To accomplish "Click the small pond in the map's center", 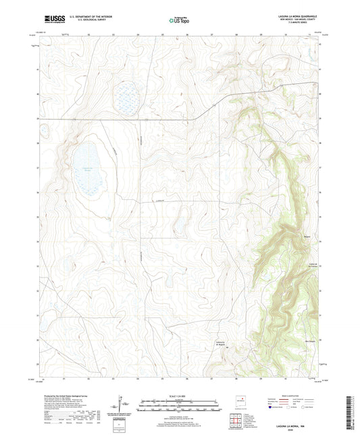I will coord(180,226).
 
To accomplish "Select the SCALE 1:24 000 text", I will coord(180,395).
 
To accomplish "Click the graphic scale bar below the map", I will coord(180,406).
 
